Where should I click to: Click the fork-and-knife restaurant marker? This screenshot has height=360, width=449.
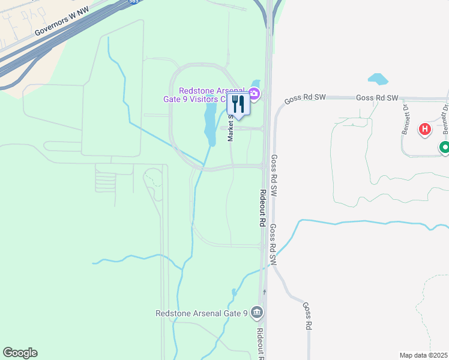(238, 104)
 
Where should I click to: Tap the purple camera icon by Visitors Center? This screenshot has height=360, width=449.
(255, 93)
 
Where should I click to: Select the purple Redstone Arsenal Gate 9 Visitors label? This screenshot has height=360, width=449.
(201, 94)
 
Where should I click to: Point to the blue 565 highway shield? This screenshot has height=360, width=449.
(134, 2)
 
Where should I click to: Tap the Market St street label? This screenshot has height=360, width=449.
(231, 130)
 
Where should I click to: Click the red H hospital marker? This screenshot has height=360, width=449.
(425, 129)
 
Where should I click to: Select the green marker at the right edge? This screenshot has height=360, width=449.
(444, 147)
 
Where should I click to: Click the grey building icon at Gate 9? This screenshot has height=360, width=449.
(257, 312)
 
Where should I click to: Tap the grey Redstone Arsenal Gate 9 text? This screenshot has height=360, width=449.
(202, 313)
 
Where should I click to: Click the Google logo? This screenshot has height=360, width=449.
(20, 353)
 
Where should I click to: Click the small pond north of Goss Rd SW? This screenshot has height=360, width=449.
(378, 79)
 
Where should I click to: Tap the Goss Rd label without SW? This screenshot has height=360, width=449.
(308, 317)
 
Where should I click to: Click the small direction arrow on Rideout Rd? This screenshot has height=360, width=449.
(264, 292)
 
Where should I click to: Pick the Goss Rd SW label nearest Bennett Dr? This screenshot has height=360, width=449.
(377, 98)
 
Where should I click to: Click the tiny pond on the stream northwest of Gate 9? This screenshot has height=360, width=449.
(234, 293)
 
